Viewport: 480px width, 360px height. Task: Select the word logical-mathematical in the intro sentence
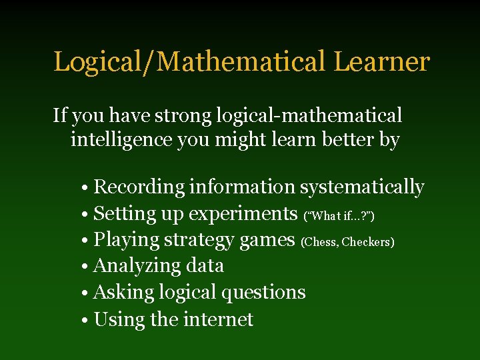click(309, 115)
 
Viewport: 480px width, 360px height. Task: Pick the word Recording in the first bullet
click(139, 187)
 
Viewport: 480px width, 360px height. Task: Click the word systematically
click(362, 187)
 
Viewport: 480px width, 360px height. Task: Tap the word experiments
click(243, 214)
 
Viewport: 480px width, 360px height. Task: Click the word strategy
click(199, 240)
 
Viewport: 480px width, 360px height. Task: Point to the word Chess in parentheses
click(320, 242)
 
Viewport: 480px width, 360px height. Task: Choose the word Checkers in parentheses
click(367, 242)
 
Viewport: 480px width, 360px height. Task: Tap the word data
click(205, 266)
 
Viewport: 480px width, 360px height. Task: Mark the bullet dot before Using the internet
click(87, 321)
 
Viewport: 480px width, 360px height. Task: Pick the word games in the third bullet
click(269, 240)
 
